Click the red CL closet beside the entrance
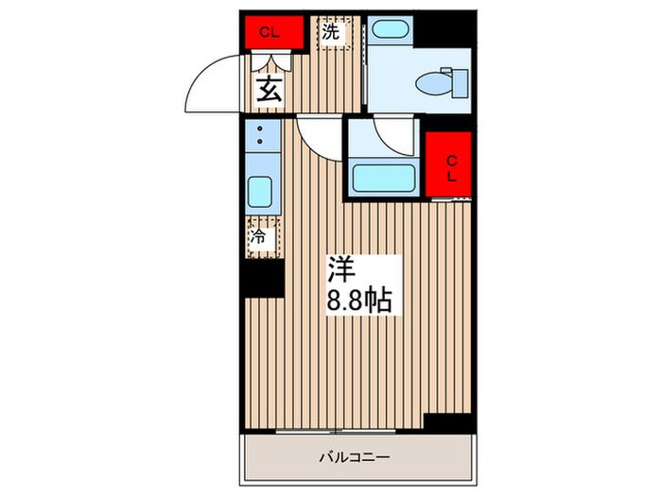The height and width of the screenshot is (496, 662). [270, 31]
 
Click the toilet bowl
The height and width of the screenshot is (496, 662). [438, 82]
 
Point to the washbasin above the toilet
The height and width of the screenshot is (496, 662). [389, 29]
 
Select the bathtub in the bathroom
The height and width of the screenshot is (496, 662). [381, 178]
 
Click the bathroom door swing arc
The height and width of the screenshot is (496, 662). [392, 135]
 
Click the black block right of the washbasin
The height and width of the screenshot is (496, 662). [444, 29]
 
